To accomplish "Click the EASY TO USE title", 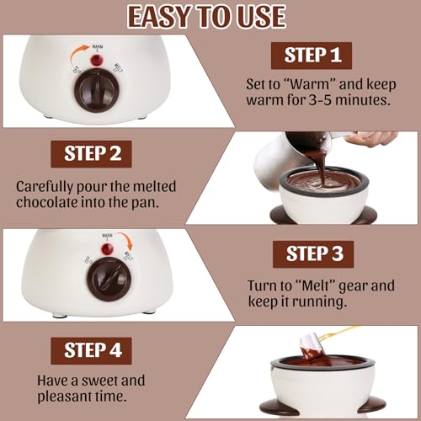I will tap(210, 16).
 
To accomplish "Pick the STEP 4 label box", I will tap(99, 350).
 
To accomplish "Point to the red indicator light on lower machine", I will tap(107, 249).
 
